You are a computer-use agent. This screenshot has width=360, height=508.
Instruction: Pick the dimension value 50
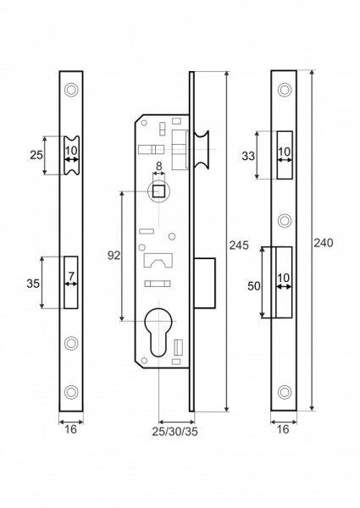[252, 286]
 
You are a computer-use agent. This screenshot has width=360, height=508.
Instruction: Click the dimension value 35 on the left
[33, 284]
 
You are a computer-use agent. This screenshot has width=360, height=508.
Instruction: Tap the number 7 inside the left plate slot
[72, 277]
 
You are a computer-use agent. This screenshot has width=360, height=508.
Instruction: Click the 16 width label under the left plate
[71, 430]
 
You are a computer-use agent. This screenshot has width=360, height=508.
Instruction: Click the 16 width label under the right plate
[283, 430]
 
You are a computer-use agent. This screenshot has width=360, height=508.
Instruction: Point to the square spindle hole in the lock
[158, 190]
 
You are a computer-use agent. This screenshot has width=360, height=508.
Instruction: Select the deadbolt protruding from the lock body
[205, 283]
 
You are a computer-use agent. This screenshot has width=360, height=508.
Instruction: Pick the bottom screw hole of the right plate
[283, 392]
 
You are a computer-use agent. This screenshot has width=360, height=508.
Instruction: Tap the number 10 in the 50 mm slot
[283, 277]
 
